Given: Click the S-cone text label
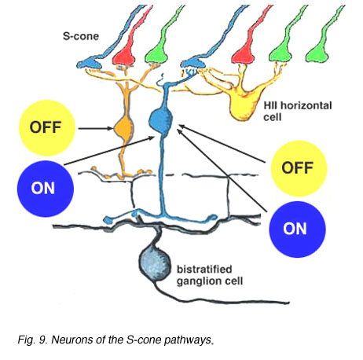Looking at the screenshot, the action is tap(81, 36).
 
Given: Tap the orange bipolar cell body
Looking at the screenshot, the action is tap(124, 129).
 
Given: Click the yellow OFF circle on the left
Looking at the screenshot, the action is tap(47, 128).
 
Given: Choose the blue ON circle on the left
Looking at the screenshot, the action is tap(45, 189).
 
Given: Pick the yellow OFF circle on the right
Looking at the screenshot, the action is tap(299, 168).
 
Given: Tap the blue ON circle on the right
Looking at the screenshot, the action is tap(297, 230).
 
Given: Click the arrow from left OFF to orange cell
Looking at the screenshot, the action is tap(96, 128).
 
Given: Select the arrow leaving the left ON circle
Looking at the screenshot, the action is tap(109, 150).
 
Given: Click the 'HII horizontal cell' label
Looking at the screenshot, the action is tap(298, 111).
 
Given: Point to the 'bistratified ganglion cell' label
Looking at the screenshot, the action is tap(210, 275).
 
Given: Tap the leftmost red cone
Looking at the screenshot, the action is tap(128, 39).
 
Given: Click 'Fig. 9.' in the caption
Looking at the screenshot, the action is tap(33, 340).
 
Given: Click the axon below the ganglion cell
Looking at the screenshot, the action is tap(220, 297).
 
